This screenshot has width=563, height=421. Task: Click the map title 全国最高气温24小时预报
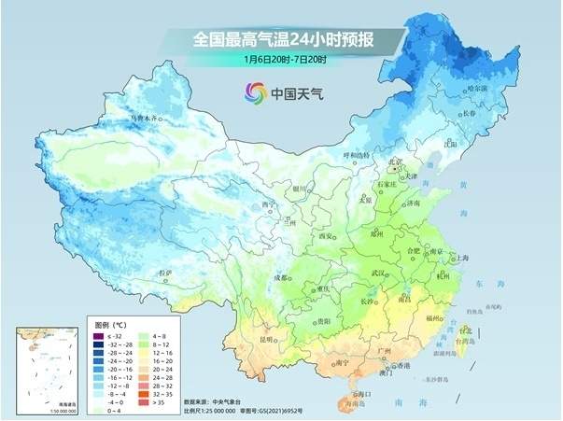click(284, 39)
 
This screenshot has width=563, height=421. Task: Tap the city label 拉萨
click(165, 273)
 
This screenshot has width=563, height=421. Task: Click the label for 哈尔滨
click(476, 87)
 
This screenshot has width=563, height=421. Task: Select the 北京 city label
click(395, 162)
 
